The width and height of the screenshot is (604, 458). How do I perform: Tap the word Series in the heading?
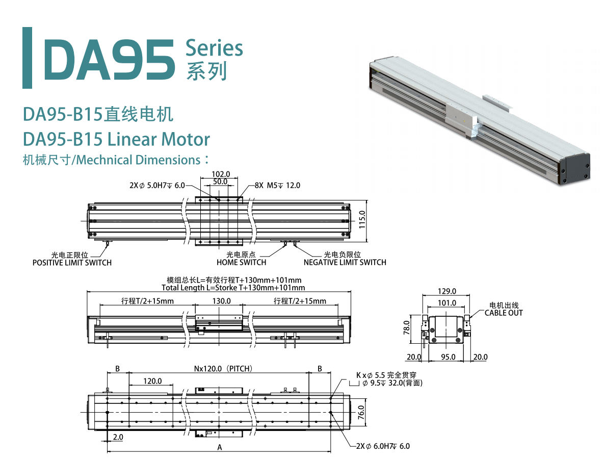click(214, 48)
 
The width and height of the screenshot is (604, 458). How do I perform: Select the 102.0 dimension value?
click(221, 174)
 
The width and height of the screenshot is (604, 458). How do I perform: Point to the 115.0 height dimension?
click(362, 220)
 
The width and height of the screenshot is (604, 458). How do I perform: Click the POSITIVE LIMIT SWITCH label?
click(72, 263)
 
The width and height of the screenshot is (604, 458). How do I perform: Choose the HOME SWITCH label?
click(241, 263)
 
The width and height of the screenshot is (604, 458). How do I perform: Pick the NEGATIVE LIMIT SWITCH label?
click(345, 263)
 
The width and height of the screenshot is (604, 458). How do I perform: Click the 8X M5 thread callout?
click(277, 186)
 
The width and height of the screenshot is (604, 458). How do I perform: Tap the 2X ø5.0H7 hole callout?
click(157, 186)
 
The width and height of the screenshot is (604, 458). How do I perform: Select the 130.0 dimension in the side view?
click(221, 301)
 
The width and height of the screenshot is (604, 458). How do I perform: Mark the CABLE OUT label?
click(504, 313)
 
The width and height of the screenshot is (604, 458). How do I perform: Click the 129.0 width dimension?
click(447, 291)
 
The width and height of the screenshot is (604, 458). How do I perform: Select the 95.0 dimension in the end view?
click(448, 357)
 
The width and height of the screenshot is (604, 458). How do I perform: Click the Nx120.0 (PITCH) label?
click(223, 368)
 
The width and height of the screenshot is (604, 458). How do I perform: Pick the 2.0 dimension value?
click(118, 437)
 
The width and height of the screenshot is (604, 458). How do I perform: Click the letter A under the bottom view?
click(220, 447)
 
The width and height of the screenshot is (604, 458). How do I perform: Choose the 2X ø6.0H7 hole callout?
click(383, 446)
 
